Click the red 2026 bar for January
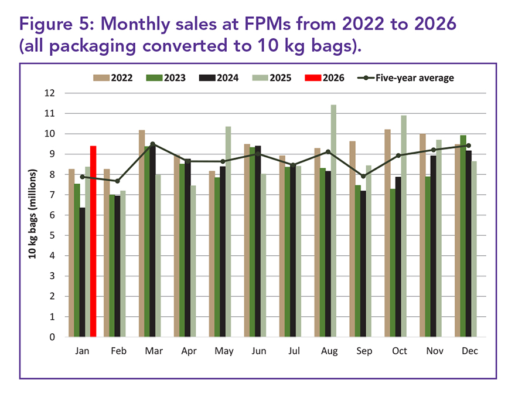coord(93,241)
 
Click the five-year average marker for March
coord(152,144)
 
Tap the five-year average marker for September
coord(363,176)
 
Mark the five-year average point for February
coord(117,181)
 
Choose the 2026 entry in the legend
coord(327,77)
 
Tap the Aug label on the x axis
coord(329,351)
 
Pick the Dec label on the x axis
coord(469,351)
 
